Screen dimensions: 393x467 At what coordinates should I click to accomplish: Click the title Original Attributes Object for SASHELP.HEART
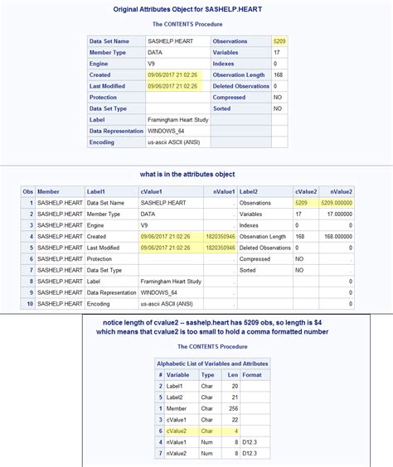click(195, 9)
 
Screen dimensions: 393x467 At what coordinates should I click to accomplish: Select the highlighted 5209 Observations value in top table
click(279, 41)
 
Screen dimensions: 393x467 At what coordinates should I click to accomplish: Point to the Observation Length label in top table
click(239, 75)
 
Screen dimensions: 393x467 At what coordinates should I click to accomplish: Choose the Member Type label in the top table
click(112, 52)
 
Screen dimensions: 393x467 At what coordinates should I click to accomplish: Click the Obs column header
click(27, 191)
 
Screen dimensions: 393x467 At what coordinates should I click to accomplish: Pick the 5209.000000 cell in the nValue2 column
click(337, 202)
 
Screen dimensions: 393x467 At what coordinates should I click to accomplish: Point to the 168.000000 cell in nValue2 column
click(337, 236)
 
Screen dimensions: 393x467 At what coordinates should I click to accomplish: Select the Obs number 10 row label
click(29, 303)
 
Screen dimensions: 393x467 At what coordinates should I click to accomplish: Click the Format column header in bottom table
click(252, 374)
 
